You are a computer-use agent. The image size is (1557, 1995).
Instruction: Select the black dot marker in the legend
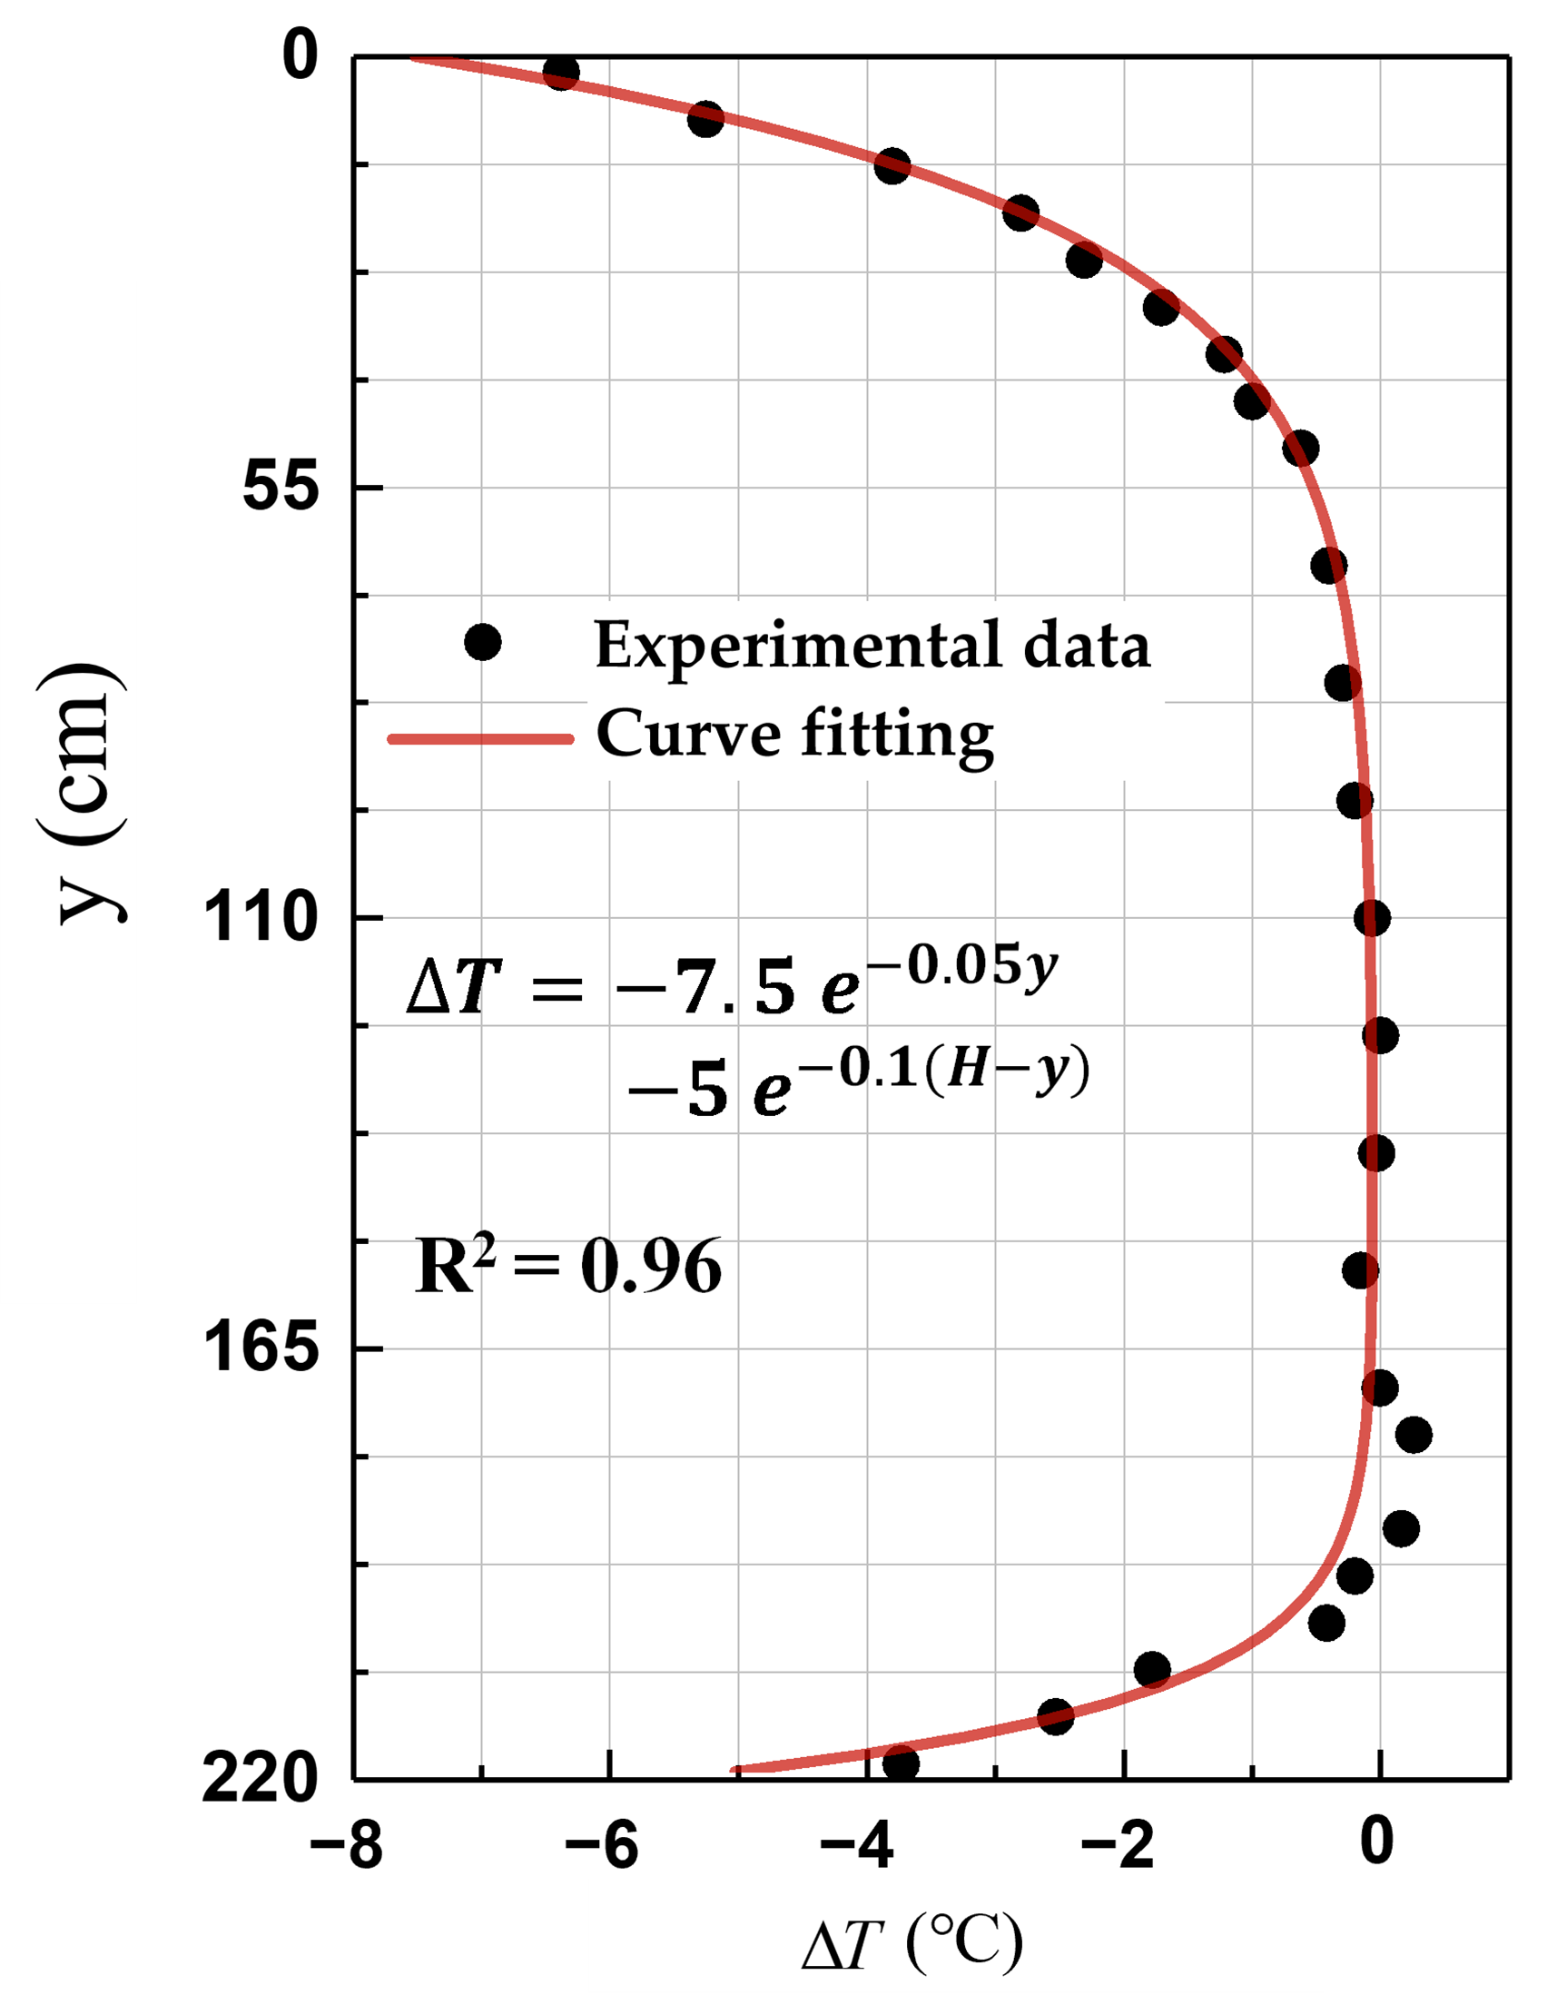(482, 642)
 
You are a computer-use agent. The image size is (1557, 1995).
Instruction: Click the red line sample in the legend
(481, 738)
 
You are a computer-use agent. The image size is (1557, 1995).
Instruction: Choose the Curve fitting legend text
(794, 736)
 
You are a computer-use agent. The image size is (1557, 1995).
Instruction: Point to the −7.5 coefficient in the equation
(704, 989)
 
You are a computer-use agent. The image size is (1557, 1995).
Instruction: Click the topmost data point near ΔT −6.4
(561, 71)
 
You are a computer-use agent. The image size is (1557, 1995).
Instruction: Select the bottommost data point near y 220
(901, 1763)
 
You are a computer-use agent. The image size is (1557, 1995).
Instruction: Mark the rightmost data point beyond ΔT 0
(1414, 1435)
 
